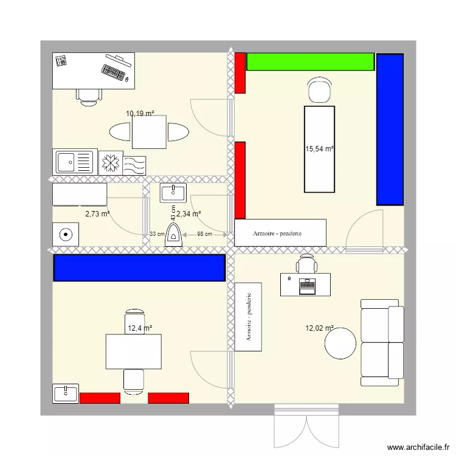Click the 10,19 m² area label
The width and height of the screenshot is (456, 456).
coord(140,113)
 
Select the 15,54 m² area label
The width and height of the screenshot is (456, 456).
coord(320,148)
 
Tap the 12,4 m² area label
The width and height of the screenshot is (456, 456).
coord(139,328)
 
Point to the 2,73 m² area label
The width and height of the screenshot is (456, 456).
coord(97,214)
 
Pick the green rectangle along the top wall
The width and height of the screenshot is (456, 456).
coord(310,61)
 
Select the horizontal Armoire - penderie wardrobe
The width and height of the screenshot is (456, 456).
coord(280,233)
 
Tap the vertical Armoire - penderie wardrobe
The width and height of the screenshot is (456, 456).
coord(248,317)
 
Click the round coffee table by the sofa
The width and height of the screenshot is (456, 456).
coord(340,344)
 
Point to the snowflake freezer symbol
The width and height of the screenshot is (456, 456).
coord(110,163)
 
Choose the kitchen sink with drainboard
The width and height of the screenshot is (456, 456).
coord(75,162)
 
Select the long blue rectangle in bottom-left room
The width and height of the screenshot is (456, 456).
coord(140,268)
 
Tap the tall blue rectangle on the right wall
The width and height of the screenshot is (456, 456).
coord(390,129)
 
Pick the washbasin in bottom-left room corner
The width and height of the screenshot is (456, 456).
coord(65,393)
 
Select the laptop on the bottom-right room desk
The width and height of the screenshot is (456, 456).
coord(306,285)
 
